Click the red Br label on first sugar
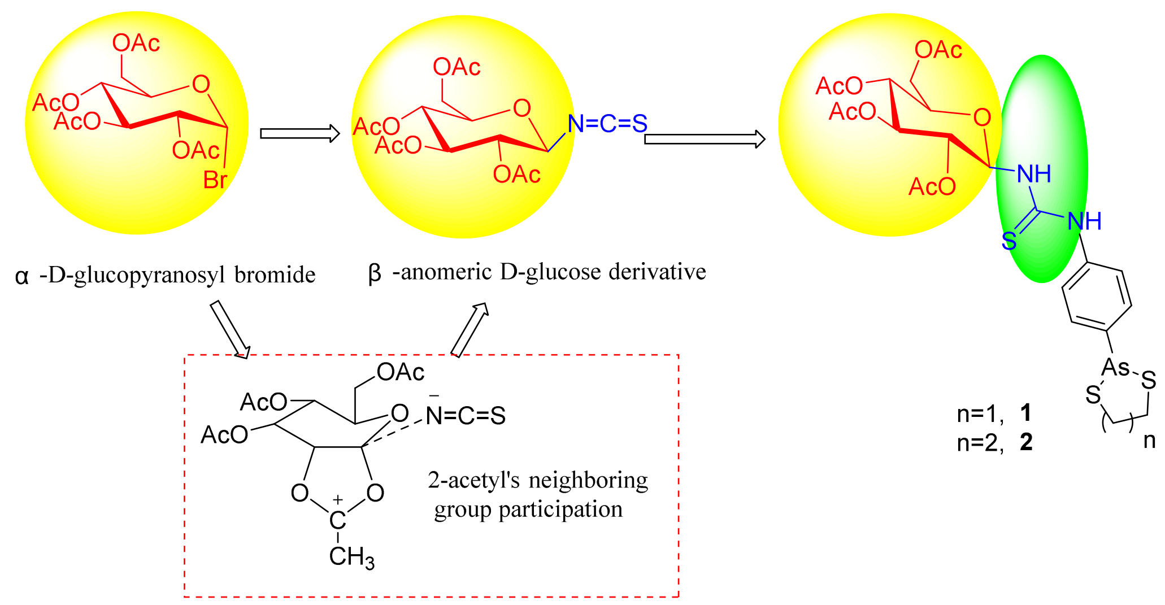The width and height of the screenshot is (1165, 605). (x=215, y=180)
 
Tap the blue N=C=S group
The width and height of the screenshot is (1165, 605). (x=607, y=124)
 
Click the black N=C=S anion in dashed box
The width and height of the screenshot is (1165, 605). (x=466, y=416)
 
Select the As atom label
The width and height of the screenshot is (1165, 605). (x=1115, y=368)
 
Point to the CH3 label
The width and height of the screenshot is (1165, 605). (x=351, y=557)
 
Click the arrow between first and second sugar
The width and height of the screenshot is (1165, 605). (x=299, y=134)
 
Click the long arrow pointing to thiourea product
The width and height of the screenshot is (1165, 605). (x=705, y=139)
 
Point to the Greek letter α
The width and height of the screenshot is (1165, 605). (x=21, y=276)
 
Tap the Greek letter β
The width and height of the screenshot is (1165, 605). (x=375, y=274)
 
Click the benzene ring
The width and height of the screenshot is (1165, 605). (x=1097, y=297)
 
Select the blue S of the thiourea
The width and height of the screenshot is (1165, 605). (x=1008, y=242)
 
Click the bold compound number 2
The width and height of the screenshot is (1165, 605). (x=1026, y=442)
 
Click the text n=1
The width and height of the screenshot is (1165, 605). (x=979, y=414)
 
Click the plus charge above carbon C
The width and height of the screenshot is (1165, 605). (x=337, y=499)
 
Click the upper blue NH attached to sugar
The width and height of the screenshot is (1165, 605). (x=1034, y=174)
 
